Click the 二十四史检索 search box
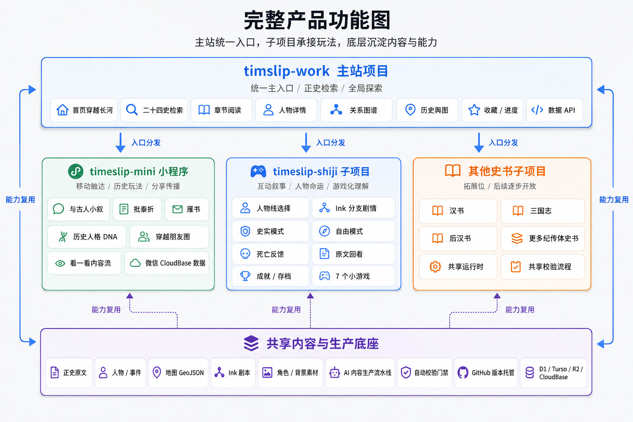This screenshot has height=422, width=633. pos(154,110)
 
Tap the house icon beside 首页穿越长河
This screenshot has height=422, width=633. pos(63,110)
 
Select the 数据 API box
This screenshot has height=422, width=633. pos(554,110)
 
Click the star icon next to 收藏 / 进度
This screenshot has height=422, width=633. pos(474,110)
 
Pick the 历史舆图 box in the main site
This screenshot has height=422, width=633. pos(427,110)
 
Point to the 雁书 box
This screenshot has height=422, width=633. pos(187,209)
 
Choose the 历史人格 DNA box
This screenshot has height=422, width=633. pos(87,237)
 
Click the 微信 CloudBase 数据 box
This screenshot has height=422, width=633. pos(167,263)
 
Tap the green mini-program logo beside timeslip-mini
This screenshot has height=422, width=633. pos(76,171)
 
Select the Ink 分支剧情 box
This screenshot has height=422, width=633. pos(353,208)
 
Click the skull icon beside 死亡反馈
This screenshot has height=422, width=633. pos(245,254)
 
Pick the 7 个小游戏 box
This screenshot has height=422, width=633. pos(353,276)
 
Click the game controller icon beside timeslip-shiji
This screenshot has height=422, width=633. pos(258,171)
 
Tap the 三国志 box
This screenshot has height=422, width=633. pos(543,211)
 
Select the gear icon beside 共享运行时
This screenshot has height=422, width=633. pos(435,267)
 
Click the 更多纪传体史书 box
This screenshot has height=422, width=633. pos(543,239)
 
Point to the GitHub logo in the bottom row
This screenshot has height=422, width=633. pos(463,373)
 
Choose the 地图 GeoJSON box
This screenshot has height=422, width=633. pos(178,373)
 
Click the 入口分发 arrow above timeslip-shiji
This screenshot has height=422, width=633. pos(306,143)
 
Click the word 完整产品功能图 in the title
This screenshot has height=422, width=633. pos(316,20)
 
